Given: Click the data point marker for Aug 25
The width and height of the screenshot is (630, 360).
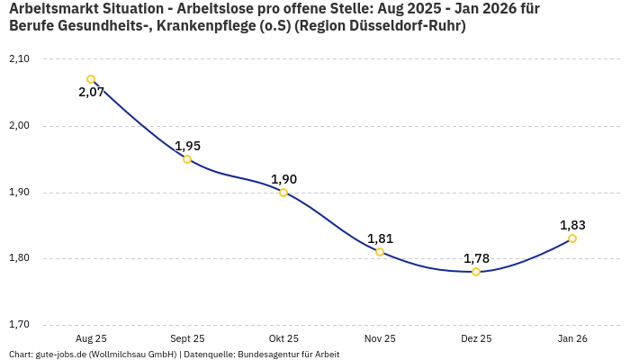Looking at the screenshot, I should point(91,79).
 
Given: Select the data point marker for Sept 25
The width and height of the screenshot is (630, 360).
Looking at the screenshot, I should point(187,159).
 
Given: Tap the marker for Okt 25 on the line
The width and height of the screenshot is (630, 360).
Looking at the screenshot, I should point(283,193).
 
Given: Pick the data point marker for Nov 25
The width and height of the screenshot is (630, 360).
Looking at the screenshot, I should point(380,252).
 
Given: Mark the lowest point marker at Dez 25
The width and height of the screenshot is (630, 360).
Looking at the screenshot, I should point(476,272).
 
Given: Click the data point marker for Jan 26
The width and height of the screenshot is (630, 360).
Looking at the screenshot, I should point(572,238).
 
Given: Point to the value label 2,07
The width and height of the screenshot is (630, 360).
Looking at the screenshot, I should point(91,92).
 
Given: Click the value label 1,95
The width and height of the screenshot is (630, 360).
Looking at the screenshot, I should point(187,146).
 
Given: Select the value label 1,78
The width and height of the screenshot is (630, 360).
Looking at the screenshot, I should point(476,258).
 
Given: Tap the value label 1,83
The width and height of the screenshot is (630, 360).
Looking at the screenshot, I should point(572,225).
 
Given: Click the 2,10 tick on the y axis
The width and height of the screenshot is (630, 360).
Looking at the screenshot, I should point(19,59).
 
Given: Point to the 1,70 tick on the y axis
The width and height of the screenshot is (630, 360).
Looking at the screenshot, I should point(19,325).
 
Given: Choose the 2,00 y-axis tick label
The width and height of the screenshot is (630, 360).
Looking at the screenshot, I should point(19,126).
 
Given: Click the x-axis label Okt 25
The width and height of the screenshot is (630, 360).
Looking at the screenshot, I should point(283,338).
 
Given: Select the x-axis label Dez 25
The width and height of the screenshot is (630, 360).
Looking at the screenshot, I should point(476,338).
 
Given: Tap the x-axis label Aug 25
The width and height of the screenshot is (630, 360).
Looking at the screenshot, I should point(91,338).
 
